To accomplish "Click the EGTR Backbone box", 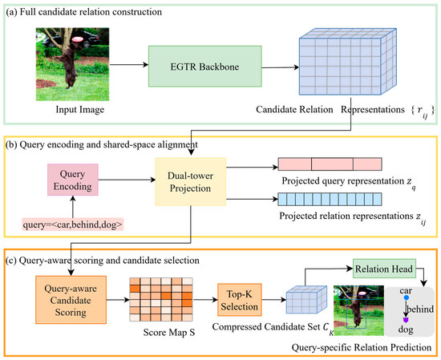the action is [205, 67].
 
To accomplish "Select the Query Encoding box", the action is [73, 180].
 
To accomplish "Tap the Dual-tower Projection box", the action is [191, 182].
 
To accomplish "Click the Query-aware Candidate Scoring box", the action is [71, 300].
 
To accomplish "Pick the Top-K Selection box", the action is [240, 300].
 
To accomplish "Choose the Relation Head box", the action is [384, 269].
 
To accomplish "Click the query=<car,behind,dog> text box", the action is [72, 224].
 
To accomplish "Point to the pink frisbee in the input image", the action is [77, 39].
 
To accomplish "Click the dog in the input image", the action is [68, 66].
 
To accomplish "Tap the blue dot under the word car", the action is [406, 297].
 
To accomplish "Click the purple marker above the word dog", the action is [406, 320].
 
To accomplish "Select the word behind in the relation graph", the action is [420, 309].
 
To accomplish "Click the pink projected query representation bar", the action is [330, 164].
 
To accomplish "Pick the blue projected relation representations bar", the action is [330, 199].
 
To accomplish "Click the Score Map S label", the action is [169, 333].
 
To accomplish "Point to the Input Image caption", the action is [80, 109].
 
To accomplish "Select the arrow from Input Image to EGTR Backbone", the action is [129, 65].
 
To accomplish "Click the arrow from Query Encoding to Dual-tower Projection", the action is [127, 180].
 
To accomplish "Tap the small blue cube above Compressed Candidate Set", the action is [306, 300].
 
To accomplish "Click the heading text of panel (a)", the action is [84, 12].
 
